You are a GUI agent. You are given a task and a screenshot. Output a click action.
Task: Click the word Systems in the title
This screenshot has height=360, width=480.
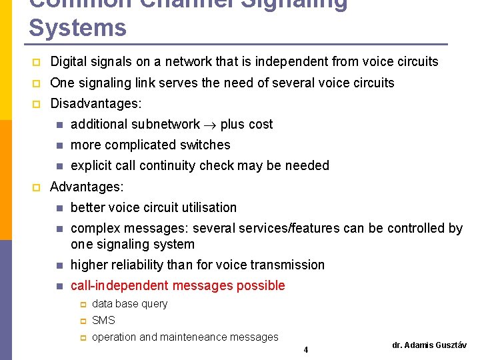[77, 28]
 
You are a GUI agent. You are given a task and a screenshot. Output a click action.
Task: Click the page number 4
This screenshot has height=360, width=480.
[305, 349]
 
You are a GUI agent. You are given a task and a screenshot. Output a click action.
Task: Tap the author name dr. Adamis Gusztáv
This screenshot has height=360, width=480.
[429, 345]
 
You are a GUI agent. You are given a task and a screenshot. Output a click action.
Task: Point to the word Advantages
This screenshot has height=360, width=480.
[85, 187]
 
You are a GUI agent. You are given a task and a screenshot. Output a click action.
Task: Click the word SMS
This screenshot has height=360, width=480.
[103, 320]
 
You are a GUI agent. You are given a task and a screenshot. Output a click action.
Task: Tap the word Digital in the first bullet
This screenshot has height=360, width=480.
[69, 61]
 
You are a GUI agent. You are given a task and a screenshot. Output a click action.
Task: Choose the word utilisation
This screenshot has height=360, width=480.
[207, 207]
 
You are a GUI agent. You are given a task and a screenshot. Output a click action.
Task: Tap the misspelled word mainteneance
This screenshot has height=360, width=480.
[175, 337]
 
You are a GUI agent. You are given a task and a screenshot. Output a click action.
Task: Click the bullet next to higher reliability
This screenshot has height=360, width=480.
[59, 265]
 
